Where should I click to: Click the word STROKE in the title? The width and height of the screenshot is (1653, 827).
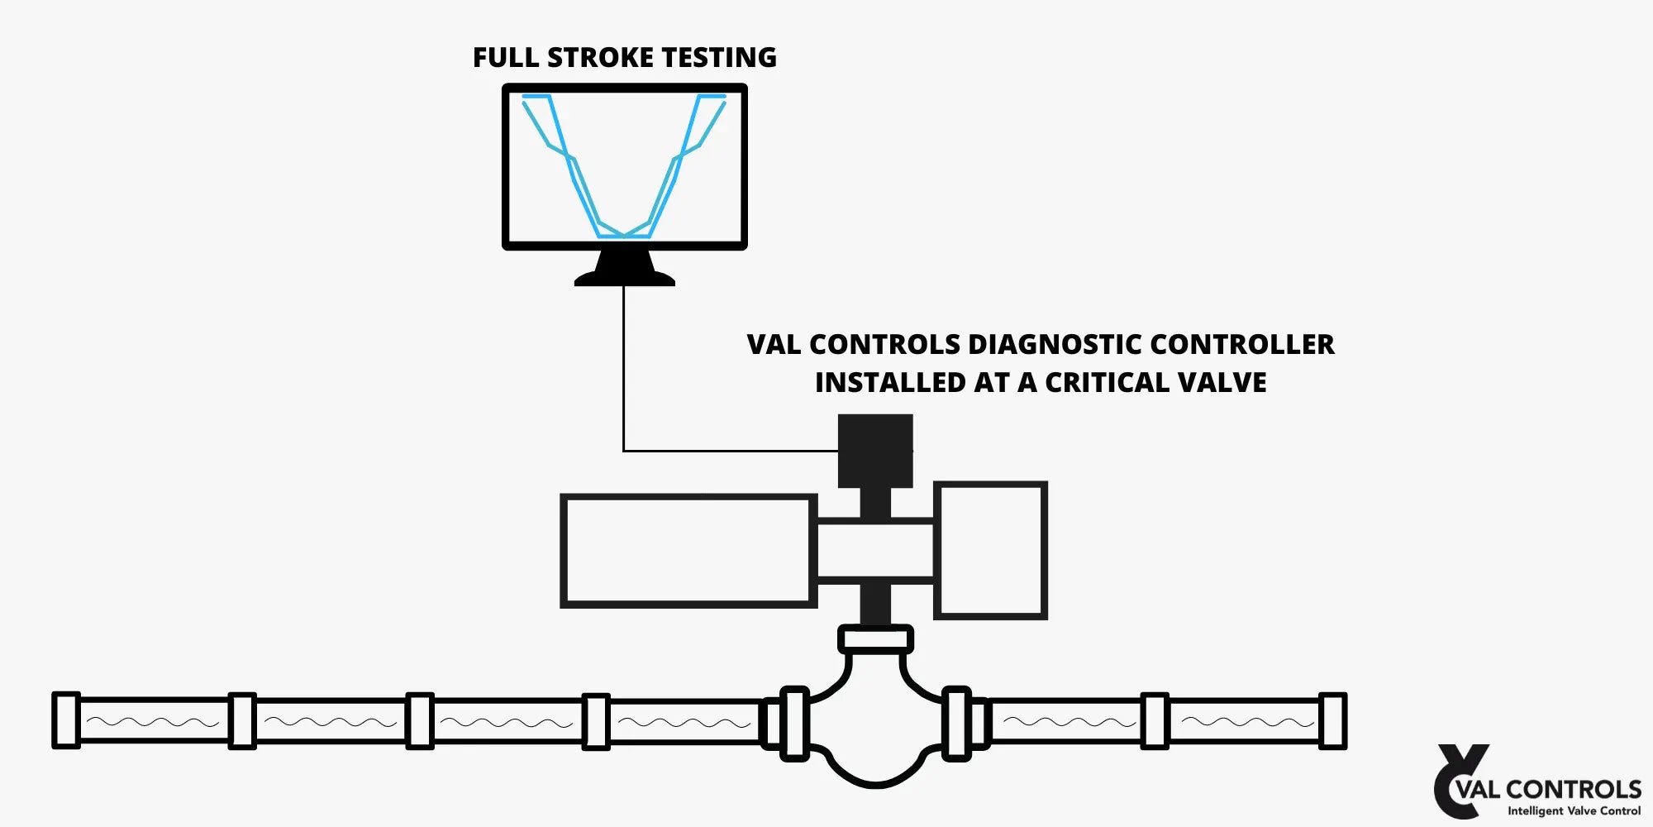600,57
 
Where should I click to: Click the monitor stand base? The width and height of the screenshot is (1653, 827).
625,278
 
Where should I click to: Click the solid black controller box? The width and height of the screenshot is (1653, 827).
874,451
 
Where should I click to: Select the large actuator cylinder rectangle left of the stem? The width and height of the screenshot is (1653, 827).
688,551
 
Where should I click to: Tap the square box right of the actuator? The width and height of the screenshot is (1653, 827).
990,551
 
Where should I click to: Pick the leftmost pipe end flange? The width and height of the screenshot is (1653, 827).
66,720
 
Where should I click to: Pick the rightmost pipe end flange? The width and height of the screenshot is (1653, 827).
1332,721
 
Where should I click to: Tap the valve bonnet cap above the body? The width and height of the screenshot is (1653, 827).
875,639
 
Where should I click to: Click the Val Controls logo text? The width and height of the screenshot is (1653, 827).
1548,789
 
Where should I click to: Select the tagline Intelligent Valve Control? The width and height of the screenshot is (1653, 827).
1574,811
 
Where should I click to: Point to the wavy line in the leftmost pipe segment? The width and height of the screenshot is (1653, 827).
153,722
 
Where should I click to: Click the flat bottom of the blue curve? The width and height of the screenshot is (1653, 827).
624,237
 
